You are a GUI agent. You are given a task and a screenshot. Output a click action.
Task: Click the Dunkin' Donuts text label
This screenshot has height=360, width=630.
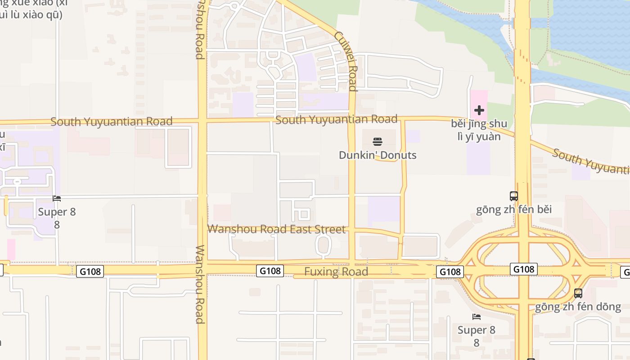(x=378, y=155)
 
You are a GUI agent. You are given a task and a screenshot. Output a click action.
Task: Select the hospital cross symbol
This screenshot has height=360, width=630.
(x=479, y=110)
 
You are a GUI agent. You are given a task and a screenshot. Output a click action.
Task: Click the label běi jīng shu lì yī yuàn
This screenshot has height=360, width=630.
(x=479, y=130)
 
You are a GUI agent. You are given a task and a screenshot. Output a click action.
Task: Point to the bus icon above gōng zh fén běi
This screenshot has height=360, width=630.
(x=513, y=196)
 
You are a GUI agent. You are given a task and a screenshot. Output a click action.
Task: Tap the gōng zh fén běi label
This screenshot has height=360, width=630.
(x=514, y=210)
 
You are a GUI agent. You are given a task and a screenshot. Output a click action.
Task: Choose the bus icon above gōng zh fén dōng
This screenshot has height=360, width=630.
(x=578, y=293)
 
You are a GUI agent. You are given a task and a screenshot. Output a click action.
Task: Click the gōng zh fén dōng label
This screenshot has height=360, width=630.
(x=578, y=307)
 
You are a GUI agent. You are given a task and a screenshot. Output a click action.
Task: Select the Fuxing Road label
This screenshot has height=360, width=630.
(x=336, y=272)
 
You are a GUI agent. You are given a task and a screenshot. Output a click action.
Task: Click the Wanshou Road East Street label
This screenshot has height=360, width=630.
(x=276, y=229)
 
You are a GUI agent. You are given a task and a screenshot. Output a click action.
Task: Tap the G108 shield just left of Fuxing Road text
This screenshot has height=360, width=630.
(x=270, y=271)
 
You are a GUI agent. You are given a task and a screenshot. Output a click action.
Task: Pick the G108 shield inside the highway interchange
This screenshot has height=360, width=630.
(x=524, y=269)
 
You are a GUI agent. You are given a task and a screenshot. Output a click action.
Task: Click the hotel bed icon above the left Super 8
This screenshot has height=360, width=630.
(x=57, y=198)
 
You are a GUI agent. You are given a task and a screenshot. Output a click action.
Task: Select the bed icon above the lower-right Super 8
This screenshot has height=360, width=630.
(x=477, y=317)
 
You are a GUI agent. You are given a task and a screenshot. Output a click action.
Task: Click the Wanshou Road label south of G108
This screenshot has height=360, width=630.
(x=200, y=284)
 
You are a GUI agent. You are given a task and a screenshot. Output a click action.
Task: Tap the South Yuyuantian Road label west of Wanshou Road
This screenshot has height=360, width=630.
(x=111, y=121)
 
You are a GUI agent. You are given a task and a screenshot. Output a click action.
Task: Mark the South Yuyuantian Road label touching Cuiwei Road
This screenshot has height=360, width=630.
(x=336, y=119)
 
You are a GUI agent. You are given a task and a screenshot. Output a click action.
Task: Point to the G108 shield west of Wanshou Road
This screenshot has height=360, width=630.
(x=90, y=271)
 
